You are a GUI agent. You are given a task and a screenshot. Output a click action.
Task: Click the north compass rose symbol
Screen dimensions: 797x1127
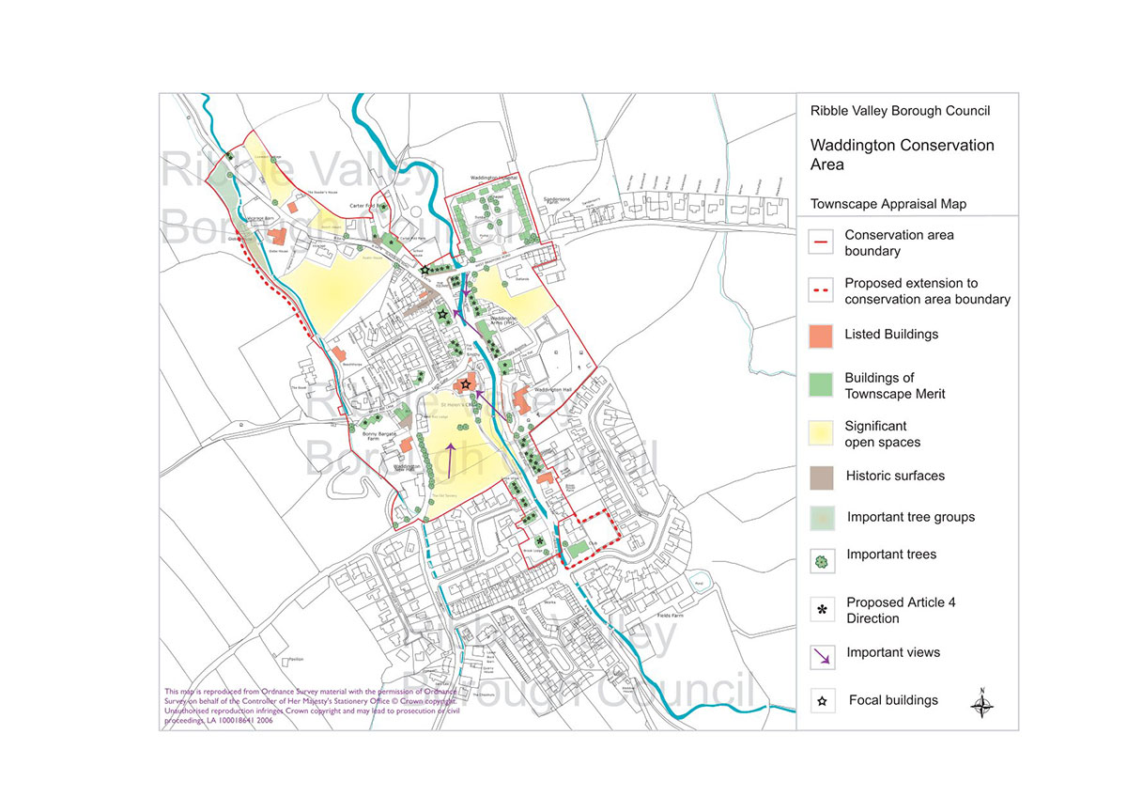point(982,704)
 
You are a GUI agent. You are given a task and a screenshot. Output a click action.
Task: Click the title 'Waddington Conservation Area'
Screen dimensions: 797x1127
point(902,154)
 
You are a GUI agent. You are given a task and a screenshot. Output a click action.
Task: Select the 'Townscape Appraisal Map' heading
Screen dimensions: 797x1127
point(888,204)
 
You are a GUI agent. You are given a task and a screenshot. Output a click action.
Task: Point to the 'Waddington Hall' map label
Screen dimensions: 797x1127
point(553,389)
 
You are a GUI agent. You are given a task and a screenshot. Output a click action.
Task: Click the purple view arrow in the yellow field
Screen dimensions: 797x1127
point(451,458)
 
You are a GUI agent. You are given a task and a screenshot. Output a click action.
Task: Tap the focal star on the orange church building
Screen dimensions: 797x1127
point(466,384)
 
